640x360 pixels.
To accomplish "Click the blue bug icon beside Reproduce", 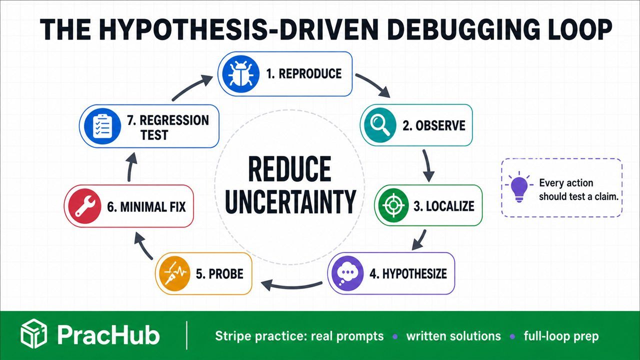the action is tap(240, 73).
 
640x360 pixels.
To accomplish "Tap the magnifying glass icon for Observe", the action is tap(378, 125).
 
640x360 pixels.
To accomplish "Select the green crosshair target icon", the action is tap(393, 205).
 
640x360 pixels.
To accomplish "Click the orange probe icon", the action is tap(175, 273).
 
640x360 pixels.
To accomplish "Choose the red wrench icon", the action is tap(83, 206).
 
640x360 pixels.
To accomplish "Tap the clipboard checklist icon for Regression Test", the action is tap(102, 126).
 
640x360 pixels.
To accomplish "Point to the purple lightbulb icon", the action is tap(519, 187).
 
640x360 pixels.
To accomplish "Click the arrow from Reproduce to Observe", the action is tap(373, 84).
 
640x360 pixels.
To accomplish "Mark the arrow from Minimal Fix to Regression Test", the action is tap(131, 167).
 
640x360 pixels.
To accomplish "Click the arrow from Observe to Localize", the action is tap(427, 165).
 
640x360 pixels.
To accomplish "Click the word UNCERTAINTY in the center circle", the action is tap(290, 201).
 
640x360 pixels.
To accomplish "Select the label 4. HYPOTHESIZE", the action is tap(408, 273).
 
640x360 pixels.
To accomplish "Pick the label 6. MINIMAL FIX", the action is tap(146, 206).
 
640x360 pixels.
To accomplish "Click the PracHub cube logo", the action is tap(33, 333).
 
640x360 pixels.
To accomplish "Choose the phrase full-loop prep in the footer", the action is tap(561, 336).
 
